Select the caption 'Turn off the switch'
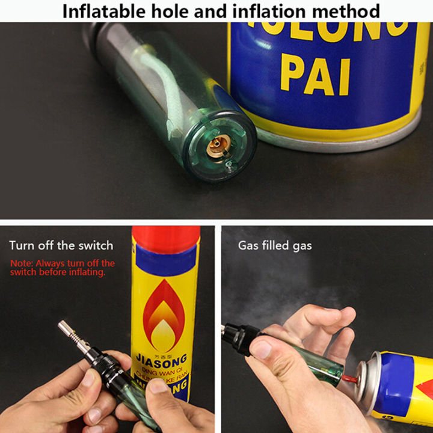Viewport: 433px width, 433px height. click(x=61, y=245)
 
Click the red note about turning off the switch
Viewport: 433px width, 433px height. click(x=62, y=268)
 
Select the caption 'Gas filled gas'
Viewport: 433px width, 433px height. click(x=275, y=245)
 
